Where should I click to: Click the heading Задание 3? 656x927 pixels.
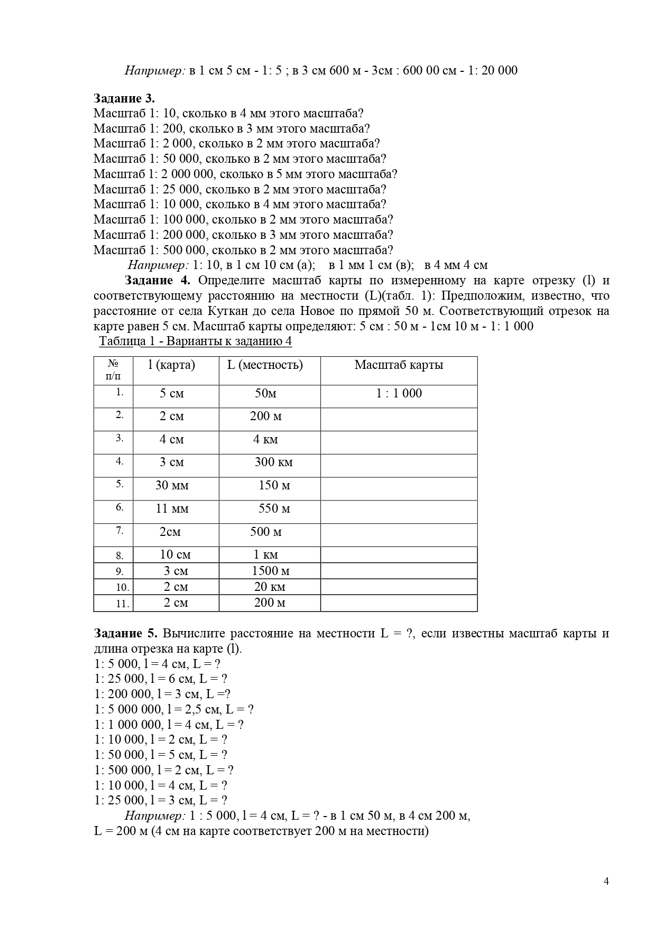(124, 98)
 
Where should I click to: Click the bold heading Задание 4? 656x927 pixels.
(160, 280)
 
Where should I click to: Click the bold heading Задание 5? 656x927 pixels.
(125, 633)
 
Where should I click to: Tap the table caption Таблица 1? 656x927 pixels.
(195, 341)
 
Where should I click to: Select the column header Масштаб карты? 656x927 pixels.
(399, 365)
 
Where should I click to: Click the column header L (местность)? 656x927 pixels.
(265, 365)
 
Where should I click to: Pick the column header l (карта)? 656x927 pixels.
(172, 365)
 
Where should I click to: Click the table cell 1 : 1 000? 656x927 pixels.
(399, 393)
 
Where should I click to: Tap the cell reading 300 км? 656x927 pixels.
(273, 462)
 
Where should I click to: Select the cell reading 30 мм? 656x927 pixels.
(172, 485)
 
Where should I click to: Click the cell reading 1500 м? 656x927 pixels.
(270, 571)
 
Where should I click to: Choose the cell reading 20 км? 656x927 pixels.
(270, 587)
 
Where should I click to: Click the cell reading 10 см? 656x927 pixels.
(175, 554)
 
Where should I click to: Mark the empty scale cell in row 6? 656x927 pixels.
(399, 512)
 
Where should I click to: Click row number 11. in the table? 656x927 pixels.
(123, 604)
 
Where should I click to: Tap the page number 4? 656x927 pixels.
(606, 881)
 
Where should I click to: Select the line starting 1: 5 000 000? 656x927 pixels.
(174, 709)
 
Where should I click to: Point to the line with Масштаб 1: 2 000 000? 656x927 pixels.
(245, 174)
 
